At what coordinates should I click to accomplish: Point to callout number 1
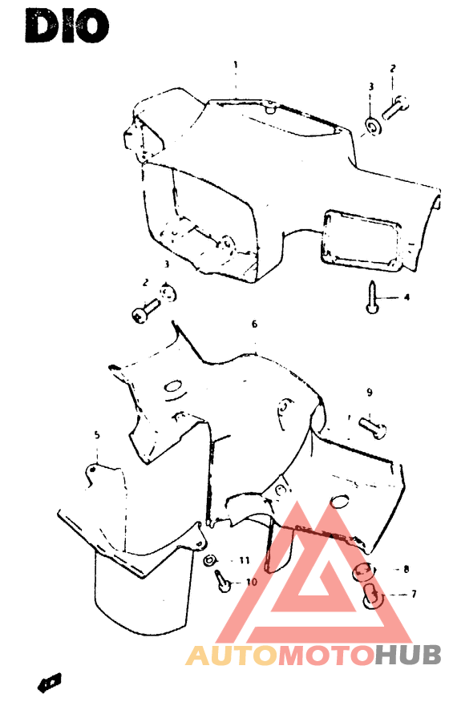(236, 64)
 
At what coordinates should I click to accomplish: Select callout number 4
(406, 297)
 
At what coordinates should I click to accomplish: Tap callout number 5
(97, 435)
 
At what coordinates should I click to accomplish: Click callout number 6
(254, 325)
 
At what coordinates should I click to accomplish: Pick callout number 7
(414, 595)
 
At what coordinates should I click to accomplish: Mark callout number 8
(407, 570)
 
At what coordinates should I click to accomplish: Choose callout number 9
(370, 393)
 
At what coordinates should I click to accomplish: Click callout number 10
(251, 583)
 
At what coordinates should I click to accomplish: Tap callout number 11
(245, 560)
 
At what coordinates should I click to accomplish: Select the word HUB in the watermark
(408, 655)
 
